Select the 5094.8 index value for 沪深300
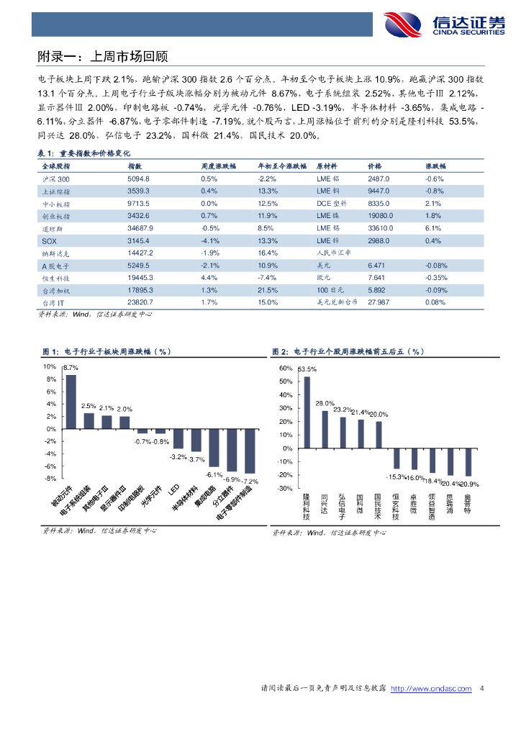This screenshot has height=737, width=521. tap(137, 178)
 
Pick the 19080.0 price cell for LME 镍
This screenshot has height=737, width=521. tap(380, 216)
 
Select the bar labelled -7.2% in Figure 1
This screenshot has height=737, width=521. tap(250, 451)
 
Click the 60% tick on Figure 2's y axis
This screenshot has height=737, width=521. tap(285, 368)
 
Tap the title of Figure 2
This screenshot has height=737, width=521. tap(348, 351)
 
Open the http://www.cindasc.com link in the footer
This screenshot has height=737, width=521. tap(430, 689)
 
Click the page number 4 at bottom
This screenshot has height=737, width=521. tap(482, 689)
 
